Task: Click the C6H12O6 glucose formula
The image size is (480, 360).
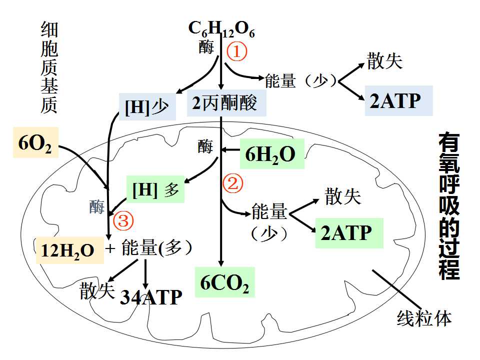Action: [221, 29]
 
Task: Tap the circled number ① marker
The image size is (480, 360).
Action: [236, 51]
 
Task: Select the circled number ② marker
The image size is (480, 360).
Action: [232, 183]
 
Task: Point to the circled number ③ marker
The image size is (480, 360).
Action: [123, 220]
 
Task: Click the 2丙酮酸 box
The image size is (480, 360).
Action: [226, 103]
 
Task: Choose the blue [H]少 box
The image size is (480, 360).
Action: [147, 107]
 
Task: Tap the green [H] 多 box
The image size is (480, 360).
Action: [155, 189]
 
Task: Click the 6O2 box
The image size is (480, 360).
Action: [35, 142]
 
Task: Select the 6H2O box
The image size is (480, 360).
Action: [272, 153]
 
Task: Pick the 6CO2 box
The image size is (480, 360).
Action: [225, 282]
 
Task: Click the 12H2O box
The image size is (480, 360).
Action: [70, 250]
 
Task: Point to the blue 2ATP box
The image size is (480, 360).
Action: [398, 100]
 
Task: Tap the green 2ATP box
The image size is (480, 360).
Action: [349, 233]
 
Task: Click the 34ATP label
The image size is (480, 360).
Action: [151, 296]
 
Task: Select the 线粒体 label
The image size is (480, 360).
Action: [424, 318]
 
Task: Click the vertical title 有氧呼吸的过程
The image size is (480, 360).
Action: [449, 206]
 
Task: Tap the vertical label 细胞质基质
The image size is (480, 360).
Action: [49, 67]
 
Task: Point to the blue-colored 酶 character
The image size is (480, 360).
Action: [96, 207]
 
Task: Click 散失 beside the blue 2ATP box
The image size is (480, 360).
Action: [385, 60]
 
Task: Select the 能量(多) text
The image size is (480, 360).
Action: [156, 247]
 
